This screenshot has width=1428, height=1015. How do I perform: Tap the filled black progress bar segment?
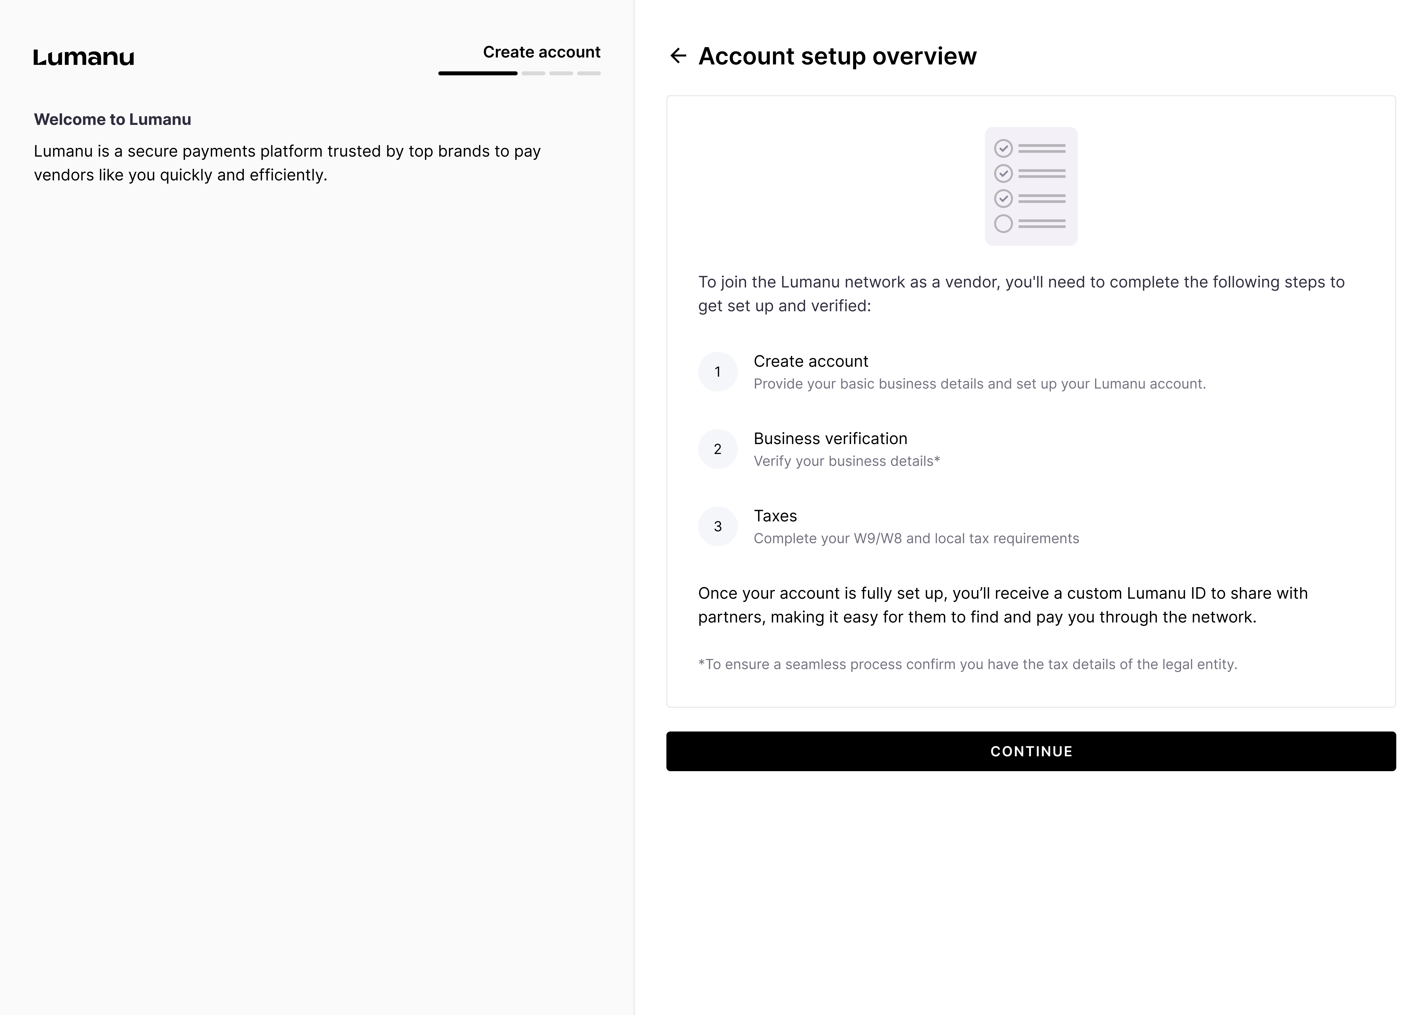(478, 73)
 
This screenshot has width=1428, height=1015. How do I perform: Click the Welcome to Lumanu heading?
(113, 119)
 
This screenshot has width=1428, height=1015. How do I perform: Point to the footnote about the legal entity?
(967, 664)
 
